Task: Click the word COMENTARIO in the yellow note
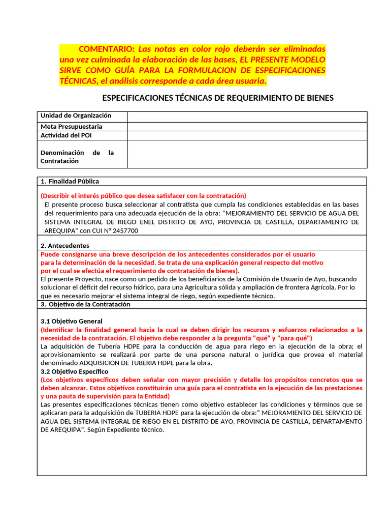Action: (x=107, y=49)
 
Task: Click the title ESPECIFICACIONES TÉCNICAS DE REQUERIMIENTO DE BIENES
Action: (x=218, y=98)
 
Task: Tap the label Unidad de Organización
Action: (x=76, y=116)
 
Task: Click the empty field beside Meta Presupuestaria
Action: (x=246, y=127)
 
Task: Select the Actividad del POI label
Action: (x=66, y=136)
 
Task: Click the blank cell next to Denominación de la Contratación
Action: (x=246, y=154)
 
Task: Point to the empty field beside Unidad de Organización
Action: (x=246, y=117)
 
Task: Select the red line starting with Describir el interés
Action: (x=143, y=196)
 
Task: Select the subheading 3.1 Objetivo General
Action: (x=71, y=322)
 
